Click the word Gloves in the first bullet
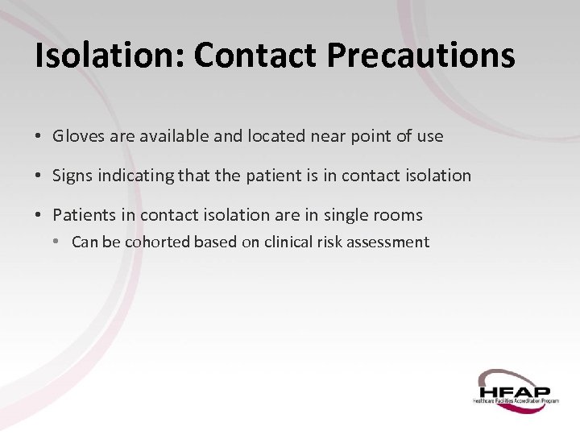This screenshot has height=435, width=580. [x=78, y=136]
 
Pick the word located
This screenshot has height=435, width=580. [x=274, y=136]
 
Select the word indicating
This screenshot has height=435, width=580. [x=136, y=176]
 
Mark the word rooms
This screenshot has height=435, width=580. [x=397, y=214]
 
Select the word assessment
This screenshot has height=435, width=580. [x=388, y=242]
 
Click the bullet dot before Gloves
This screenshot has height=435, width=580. [x=39, y=136]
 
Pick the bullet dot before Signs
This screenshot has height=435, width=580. [x=39, y=175]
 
